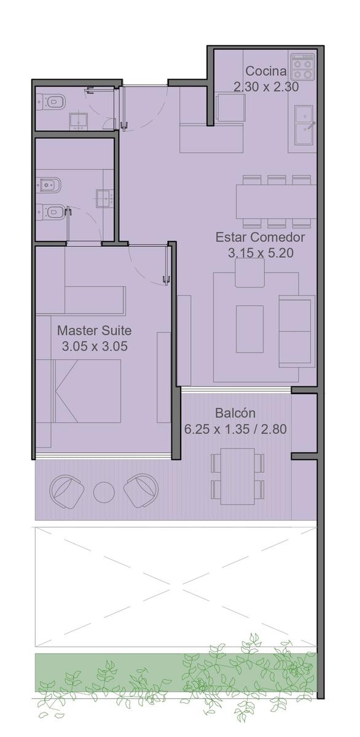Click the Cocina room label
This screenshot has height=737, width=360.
[266, 71]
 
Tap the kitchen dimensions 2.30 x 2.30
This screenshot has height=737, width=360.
[266, 87]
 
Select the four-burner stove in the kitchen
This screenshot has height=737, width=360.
[303, 67]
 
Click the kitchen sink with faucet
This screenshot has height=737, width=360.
[304, 125]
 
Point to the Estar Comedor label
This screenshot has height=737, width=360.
[260, 237]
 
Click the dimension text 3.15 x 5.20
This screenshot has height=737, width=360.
[260, 253]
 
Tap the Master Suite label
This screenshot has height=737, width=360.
[95, 330]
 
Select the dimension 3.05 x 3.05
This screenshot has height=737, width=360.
[95, 346]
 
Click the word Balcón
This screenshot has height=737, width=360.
[235, 413]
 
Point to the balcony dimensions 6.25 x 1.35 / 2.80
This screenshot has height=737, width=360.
[235, 429]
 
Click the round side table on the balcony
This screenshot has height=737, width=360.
[104, 492]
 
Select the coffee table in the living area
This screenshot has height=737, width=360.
[249, 329]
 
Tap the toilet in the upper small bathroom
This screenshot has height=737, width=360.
[52, 103]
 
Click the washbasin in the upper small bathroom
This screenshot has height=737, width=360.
[78, 121]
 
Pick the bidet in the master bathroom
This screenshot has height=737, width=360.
[49, 186]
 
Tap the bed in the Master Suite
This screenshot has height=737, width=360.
[78, 391]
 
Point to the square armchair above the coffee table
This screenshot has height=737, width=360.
[250, 273]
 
